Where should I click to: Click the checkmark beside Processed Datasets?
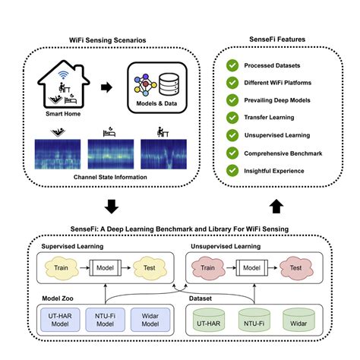232,66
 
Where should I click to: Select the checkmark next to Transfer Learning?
232,117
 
